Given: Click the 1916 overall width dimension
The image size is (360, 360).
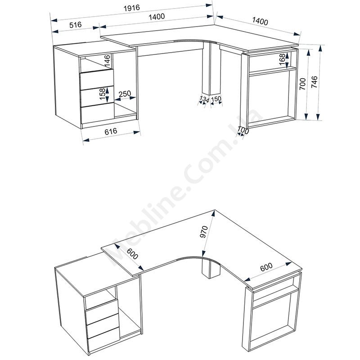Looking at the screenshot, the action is (x=131, y=8).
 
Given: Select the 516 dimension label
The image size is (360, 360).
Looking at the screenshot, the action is (x=76, y=24).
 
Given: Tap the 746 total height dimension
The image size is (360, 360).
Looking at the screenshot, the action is (x=314, y=82).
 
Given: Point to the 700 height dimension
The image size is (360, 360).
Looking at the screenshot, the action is (x=303, y=84).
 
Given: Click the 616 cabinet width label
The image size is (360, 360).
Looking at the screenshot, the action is (x=111, y=131).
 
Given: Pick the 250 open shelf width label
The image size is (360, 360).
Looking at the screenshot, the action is (x=125, y=94).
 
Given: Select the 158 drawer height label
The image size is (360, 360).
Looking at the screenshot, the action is (x=103, y=94).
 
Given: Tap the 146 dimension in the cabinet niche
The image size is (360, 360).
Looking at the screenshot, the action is (x=107, y=61).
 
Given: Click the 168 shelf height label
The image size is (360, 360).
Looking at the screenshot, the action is (x=282, y=59).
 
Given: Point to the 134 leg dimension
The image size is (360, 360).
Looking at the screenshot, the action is (x=204, y=99).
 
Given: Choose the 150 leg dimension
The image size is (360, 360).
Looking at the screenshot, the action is (x=216, y=99).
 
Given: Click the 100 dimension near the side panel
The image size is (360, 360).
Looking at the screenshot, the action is (x=243, y=130).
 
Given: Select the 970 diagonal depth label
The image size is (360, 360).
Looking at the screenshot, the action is (x=204, y=232).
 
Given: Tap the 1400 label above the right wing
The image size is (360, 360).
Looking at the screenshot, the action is (x=260, y=21).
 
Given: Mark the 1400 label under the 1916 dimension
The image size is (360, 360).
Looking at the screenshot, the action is (x=157, y=17).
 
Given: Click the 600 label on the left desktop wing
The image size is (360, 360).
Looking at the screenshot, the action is (x=132, y=254).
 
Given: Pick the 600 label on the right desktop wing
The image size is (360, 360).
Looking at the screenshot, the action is (x=266, y=266).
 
